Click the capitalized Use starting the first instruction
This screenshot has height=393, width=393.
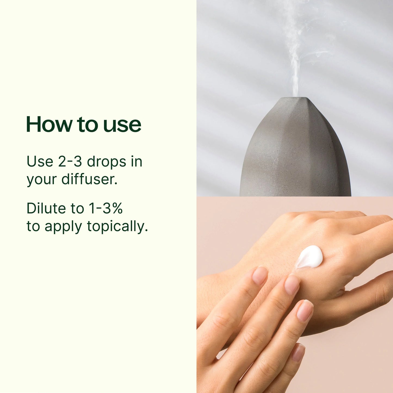(40, 162)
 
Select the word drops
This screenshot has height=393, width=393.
(107, 162)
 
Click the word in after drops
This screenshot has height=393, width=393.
(137, 162)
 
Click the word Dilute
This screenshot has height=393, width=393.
(46, 209)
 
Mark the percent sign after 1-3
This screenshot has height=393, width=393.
(117, 209)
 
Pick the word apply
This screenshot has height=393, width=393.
(63, 227)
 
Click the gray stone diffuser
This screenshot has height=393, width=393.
(295, 152)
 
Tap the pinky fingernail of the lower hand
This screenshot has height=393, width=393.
(298, 352)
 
